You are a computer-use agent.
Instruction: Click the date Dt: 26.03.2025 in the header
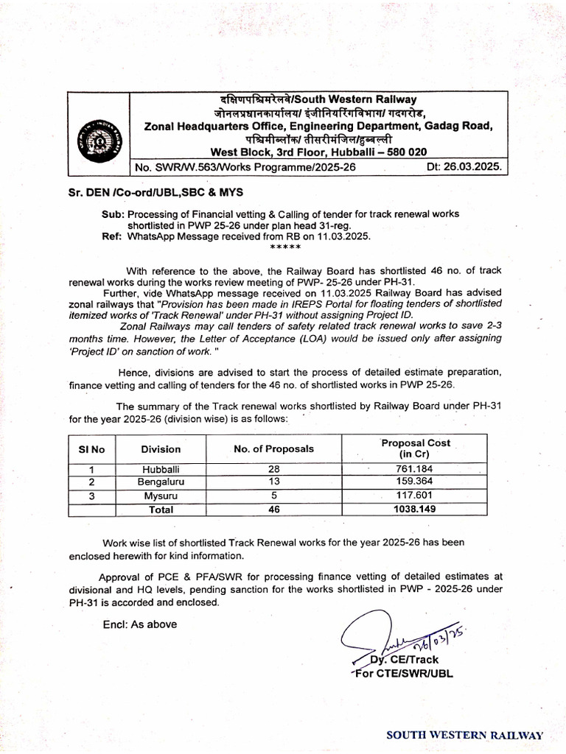click(464, 167)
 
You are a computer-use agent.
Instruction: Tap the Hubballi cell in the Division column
click(161, 468)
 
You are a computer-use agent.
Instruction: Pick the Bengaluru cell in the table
click(161, 482)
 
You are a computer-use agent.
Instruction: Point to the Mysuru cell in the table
click(161, 495)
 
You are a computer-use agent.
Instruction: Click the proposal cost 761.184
click(414, 468)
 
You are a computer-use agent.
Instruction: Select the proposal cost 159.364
click(414, 482)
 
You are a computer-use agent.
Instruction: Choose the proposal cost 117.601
click(414, 495)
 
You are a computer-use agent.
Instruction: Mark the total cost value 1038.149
click(414, 509)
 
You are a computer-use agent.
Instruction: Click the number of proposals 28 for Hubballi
click(273, 468)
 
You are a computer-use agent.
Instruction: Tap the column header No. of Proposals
click(273, 448)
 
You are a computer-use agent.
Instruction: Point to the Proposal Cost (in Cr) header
click(415, 448)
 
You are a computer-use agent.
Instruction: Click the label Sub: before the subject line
click(113, 214)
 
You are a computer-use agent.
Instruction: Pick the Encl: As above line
click(140, 624)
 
